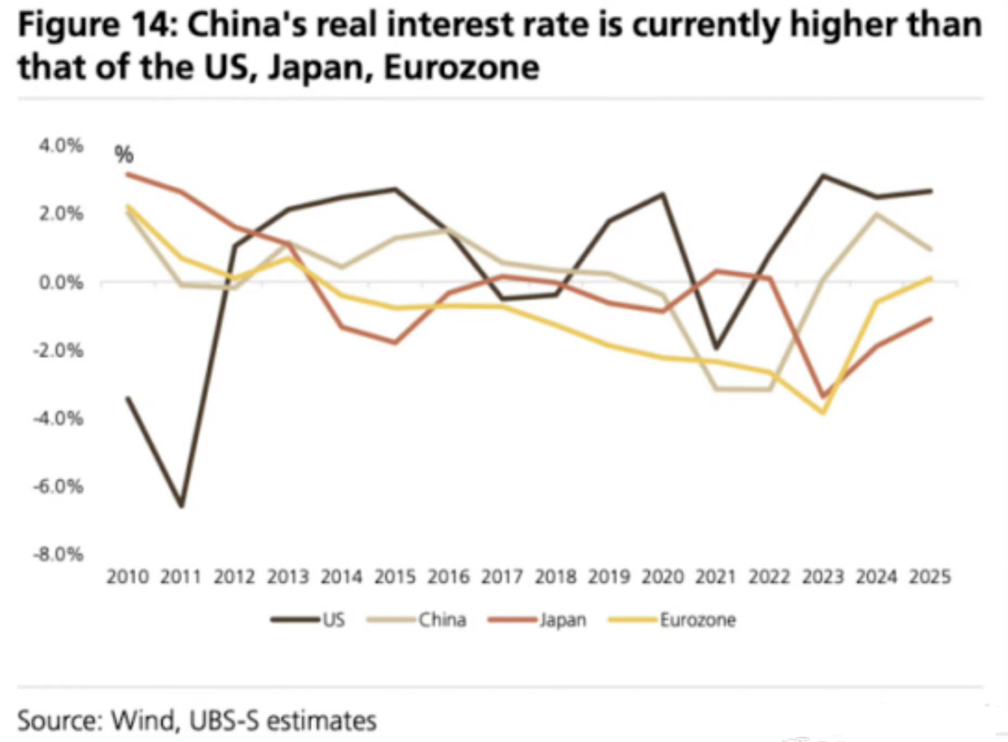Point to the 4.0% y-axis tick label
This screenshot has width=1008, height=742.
point(61,146)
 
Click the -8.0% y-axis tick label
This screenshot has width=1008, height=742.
point(58,555)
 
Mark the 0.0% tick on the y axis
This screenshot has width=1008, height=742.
point(61,282)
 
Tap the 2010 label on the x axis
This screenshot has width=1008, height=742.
point(128,577)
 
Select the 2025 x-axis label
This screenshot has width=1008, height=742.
point(930,577)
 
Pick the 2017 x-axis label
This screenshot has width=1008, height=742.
point(502,577)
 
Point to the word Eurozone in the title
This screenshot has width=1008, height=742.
point(462,68)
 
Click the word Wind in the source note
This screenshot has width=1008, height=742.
point(144,720)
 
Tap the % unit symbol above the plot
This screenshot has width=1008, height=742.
point(124,155)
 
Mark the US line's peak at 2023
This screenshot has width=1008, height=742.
point(823,175)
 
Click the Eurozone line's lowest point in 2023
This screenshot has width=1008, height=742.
point(823,413)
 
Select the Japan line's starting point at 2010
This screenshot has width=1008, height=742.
point(128,174)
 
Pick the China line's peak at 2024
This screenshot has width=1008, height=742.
point(876,214)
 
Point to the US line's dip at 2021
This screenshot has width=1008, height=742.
point(716,347)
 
